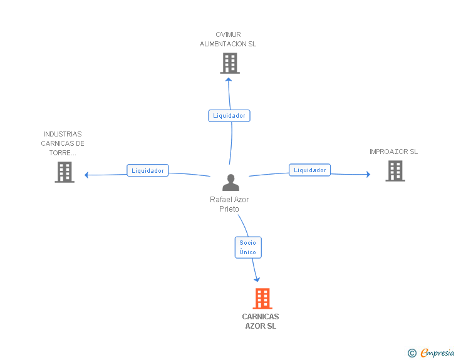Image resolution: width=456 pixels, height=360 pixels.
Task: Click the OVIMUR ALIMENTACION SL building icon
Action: point(230,63)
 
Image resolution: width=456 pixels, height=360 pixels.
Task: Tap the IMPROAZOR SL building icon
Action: point(395,171)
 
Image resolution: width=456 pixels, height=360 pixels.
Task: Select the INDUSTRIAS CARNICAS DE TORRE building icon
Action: point(65,172)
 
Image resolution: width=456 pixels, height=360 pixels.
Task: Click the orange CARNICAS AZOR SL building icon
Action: point(262,299)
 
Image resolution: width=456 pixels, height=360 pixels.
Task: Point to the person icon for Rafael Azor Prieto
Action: point(231,183)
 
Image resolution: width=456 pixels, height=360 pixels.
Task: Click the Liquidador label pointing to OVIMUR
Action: point(229,116)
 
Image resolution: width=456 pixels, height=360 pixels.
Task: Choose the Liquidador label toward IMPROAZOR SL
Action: point(309,170)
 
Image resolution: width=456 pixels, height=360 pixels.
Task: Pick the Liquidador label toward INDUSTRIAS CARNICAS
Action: point(148,170)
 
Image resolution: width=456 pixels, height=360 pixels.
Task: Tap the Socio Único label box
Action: point(247,247)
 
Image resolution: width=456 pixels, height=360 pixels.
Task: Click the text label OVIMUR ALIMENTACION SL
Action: point(228,39)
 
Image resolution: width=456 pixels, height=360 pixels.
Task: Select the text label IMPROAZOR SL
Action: point(393,152)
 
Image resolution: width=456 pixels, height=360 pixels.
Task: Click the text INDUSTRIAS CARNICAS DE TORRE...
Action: point(63,143)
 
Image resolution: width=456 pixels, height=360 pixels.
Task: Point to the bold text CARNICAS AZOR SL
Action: point(261,321)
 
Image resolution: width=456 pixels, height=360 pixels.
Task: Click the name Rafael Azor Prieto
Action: point(229,204)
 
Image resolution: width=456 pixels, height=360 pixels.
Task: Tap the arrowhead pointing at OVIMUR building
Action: point(229,79)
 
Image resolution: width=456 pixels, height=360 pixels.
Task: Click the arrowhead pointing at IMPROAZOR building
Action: point(368,174)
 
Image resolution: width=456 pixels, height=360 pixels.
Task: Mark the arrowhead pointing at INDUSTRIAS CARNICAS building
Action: point(87,175)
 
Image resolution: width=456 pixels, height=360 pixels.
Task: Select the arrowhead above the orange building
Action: point(256,279)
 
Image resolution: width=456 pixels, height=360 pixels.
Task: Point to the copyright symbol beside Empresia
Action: point(412,353)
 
